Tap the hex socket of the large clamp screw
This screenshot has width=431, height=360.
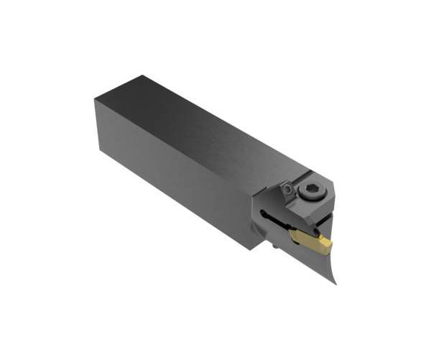[x=310, y=190]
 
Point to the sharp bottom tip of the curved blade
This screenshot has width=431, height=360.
[x=334, y=282]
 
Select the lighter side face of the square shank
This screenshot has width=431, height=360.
[x=172, y=172]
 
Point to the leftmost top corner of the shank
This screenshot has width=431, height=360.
[x=95, y=101]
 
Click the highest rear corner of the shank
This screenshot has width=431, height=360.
[x=142, y=75]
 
